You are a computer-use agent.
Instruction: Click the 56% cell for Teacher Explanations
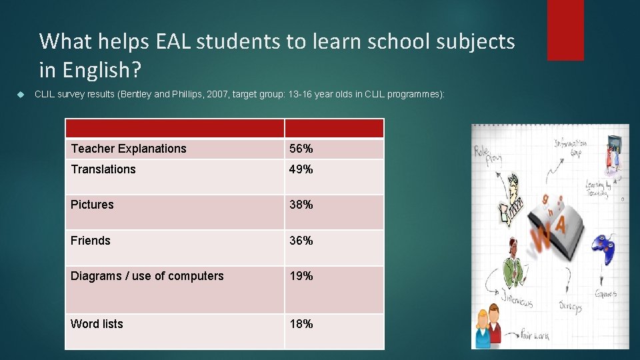(300, 149)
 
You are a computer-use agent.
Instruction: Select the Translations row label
(103, 169)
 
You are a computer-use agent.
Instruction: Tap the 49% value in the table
(301, 169)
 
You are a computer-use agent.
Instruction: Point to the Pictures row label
(92, 205)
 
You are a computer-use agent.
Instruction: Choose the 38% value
(301, 205)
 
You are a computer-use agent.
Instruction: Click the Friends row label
(91, 241)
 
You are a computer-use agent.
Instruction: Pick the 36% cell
(301, 241)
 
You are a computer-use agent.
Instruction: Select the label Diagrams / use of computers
(147, 276)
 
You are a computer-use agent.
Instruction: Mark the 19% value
(301, 276)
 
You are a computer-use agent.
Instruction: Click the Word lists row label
(97, 324)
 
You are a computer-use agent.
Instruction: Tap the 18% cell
(301, 324)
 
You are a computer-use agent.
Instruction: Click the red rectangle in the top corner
(565, 30)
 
